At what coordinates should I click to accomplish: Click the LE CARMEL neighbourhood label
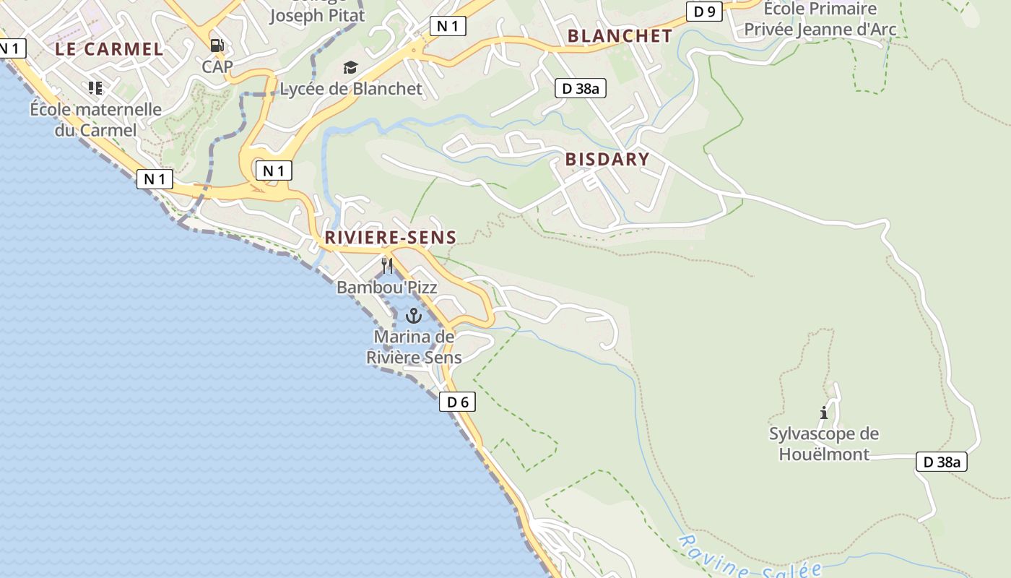tap(110, 49)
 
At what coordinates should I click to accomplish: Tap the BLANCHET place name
tap(620, 35)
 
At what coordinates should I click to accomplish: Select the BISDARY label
tap(607, 159)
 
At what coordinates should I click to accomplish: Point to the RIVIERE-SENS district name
tap(390, 237)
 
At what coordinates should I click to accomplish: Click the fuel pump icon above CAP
tap(217, 46)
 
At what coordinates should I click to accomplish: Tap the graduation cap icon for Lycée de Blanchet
tap(350, 68)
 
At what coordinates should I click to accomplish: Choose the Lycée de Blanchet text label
tap(351, 89)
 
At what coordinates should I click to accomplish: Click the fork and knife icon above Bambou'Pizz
tap(387, 266)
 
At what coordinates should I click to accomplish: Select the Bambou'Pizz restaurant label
tap(387, 287)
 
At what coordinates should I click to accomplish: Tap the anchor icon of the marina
tap(414, 316)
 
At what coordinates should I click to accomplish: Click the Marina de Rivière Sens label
tap(414, 347)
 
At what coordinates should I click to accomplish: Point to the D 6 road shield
tap(457, 402)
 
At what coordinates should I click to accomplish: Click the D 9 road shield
tap(704, 11)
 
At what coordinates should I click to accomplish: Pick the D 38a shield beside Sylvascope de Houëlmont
tap(942, 462)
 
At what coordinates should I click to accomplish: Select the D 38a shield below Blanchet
tap(580, 89)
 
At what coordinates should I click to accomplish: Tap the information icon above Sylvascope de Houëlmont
tap(824, 413)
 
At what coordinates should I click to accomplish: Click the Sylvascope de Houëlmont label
tap(824, 444)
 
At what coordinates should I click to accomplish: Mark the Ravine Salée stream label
tap(751, 560)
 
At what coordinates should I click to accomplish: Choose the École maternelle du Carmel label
tap(95, 119)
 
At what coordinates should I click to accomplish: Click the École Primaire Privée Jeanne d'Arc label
tap(820, 20)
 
